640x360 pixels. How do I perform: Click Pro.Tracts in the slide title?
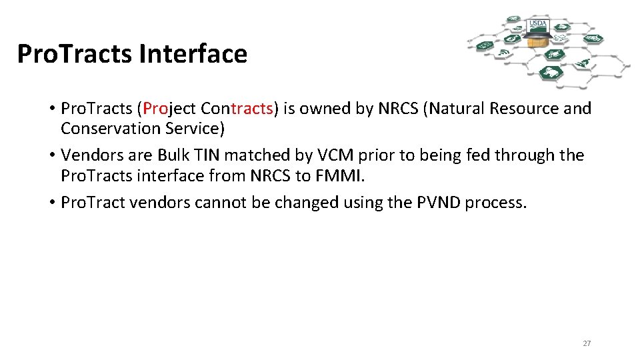pos(75,54)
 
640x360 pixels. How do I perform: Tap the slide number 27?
pos(587,343)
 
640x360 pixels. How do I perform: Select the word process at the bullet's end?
pos(495,203)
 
